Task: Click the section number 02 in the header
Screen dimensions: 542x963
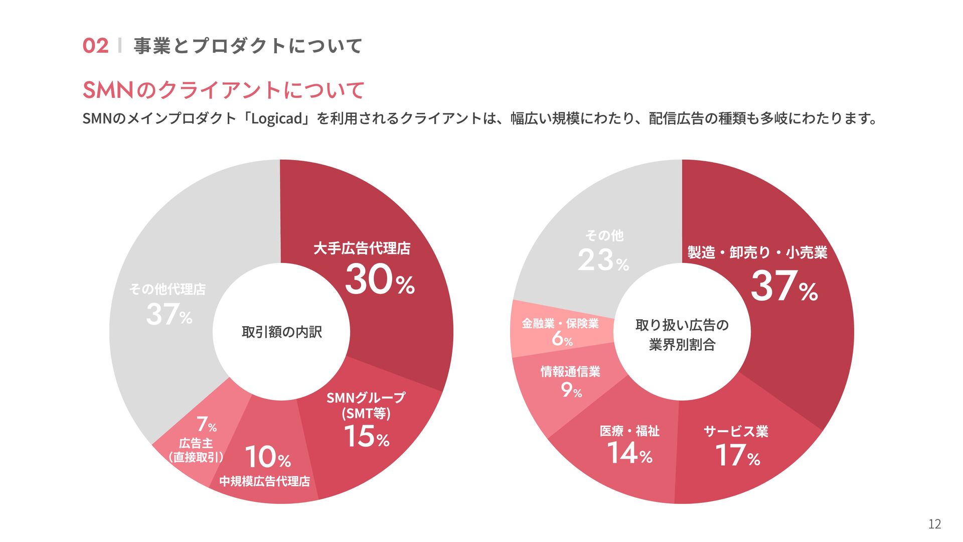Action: click(x=95, y=46)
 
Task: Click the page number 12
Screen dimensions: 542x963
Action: click(x=934, y=524)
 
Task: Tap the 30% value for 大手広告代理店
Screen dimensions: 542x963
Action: click(x=380, y=280)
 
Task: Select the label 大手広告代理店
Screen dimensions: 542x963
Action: click(x=362, y=248)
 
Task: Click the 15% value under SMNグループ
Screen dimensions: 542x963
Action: click(x=367, y=436)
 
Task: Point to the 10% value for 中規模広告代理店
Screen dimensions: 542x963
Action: click(x=268, y=457)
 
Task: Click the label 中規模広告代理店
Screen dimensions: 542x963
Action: click(x=264, y=481)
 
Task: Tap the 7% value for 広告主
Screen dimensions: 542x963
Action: click(x=206, y=425)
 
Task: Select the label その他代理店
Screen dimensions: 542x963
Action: click(x=168, y=289)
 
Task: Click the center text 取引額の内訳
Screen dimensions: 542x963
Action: click(x=281, y=332)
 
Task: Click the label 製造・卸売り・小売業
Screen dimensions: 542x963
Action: click(x=757, y=252)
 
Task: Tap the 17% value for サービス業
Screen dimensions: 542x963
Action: click(x=737, y=455)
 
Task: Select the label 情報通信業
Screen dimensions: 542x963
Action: click(x=570, y=371)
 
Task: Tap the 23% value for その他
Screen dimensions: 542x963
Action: click(x=603, y=260)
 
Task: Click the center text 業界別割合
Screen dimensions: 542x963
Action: click(x=682, y=345)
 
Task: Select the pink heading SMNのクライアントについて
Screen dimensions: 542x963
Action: click(x=223, y=90)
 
